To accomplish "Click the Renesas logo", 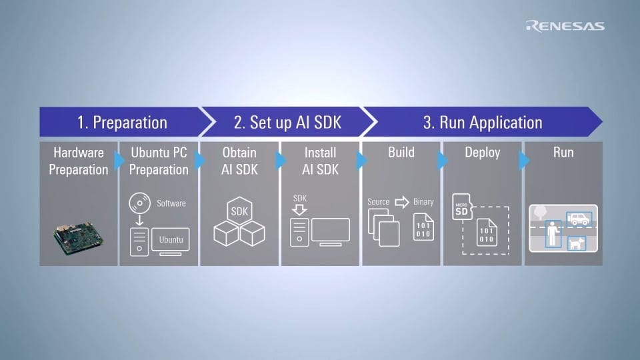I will click(x=565, y=26).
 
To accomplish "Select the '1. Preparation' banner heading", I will click(x=121, y=123).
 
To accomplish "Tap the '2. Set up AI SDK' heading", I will click(x=287, y=123).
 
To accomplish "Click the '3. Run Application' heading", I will click(x=483, y=123).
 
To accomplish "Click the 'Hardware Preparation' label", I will click(x=79, y=161).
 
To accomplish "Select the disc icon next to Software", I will click(x=139, y=203).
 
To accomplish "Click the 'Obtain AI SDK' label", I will click(x=239, y=161).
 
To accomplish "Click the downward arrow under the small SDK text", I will click(x=299, y=209).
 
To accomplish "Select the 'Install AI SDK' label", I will click(x=319, y=161).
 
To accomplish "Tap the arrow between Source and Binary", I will click(x=401, y=202).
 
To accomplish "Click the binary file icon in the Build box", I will click(x=423, y=227).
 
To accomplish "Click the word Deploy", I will click(x=482, y=153).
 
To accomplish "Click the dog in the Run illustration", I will click(x=575, y=244).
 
